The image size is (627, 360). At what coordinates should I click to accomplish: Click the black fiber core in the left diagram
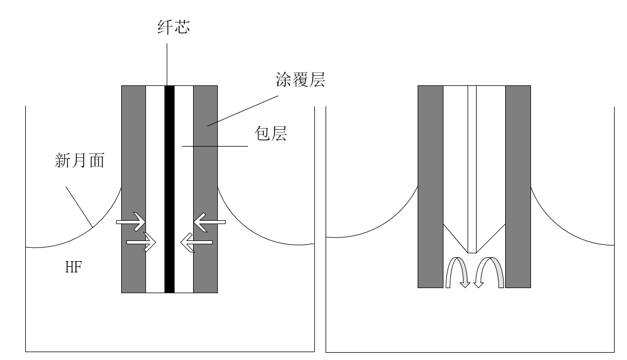pyautogui.click(x=170, y=168)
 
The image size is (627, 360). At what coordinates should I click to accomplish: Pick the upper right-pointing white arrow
pyautogui.click(x=131, y=222)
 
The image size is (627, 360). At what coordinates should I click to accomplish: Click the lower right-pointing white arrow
pyautogui.click(x=141, y=243)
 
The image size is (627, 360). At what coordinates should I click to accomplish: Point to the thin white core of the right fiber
pyautogui.click(x=472, y=168)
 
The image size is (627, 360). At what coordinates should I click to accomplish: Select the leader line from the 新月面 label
pyautogui.click(x=79, y=206)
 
